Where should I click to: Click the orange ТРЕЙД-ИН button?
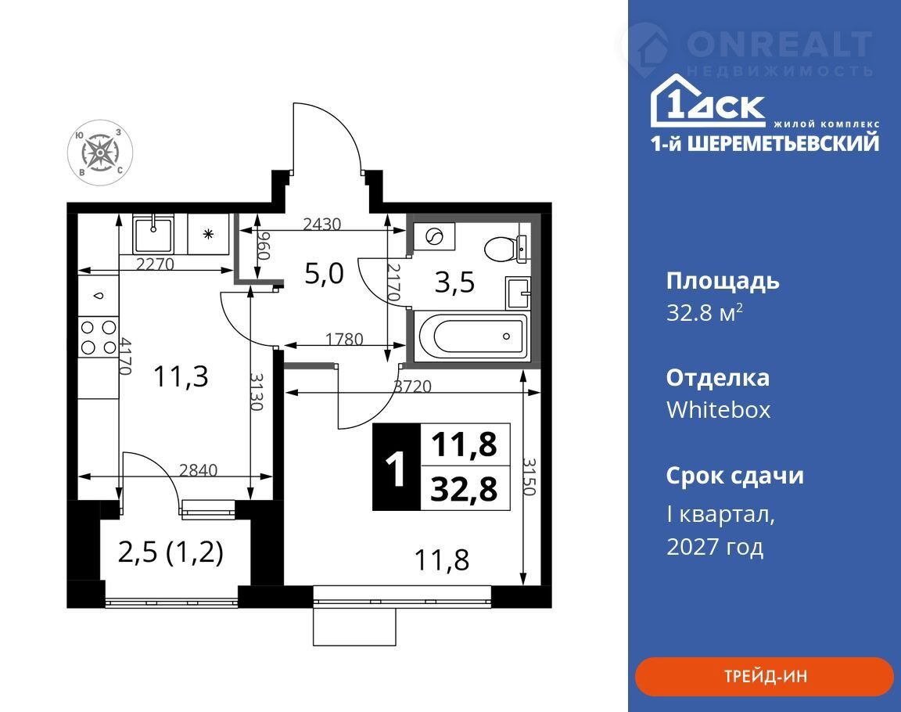(764, 676)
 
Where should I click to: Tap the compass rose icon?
(101, 153)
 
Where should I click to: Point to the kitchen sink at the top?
(153, 235)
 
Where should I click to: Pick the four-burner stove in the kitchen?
(99, 336)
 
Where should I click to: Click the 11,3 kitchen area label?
(181, 377)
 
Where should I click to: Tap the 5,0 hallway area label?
(324, 273)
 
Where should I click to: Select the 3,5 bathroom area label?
(454, 282)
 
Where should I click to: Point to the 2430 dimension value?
(321, 224)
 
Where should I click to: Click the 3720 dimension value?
(412, 387)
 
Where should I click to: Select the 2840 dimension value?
(198, 470)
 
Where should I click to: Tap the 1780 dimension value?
(344, 340)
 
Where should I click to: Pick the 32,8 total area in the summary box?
(465, 489)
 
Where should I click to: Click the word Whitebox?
(718, 410)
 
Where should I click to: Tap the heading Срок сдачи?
(735, 476)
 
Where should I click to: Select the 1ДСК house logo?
(708, 100)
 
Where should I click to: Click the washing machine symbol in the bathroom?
(434, 236)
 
